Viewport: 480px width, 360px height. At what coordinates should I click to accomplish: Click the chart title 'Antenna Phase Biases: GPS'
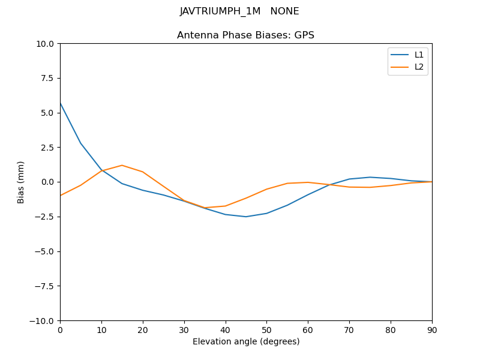point(245,35)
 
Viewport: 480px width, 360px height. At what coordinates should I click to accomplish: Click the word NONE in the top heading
point(284,11)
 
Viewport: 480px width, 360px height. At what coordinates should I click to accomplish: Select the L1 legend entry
point(419,55)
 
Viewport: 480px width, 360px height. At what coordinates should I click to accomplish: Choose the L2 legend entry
point(419,67)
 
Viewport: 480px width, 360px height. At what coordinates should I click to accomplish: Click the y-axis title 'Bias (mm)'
point(21,182)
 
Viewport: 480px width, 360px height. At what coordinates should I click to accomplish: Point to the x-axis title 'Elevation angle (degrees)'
point(246,342)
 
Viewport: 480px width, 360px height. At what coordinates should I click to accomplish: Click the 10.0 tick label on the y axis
point(44,44)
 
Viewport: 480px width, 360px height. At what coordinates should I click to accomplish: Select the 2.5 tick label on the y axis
point(47,148)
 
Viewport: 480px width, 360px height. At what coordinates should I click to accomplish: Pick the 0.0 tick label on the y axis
point(47,182)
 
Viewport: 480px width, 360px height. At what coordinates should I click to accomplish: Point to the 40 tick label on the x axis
point(226,330)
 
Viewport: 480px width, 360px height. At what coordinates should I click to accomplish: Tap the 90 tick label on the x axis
point(432,330)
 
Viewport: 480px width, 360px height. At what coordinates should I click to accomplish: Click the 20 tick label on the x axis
point(143,330)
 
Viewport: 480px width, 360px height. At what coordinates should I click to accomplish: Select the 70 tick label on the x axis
point(349,330)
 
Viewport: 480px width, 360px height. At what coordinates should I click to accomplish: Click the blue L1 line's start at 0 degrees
point(61,104)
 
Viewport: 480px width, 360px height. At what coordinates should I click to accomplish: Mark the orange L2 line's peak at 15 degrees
point(122,165)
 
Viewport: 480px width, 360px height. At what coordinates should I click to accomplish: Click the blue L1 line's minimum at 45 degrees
point(246,217)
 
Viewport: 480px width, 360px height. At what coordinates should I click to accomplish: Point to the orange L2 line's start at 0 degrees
point(61,196)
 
